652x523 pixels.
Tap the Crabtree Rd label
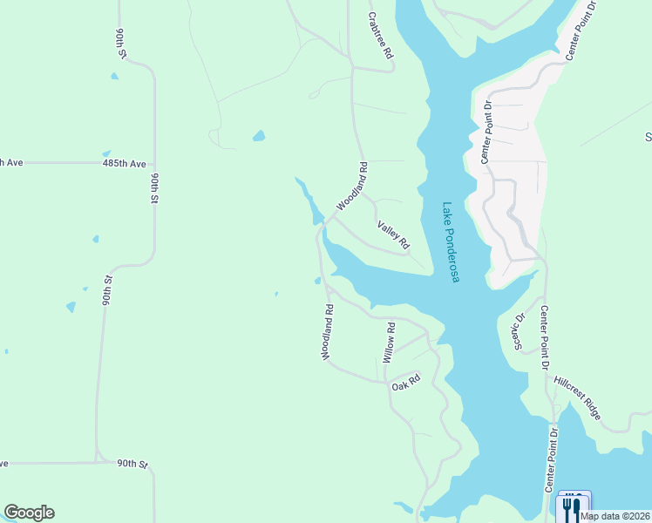pyautogui.click(x=380, y=36)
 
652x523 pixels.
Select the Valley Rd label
pyautogui.click(x=393, y=235)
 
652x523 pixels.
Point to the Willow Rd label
pyautogui.click(x=390, y=343)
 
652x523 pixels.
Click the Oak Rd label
pyautogui.click(x=406, y=382)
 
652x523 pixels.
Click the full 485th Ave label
pyautogui.click(x=123, y=163)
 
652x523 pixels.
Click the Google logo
pyautogui.click(x=29, y=513)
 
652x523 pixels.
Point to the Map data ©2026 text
pyautogui.click(x=615, y=516)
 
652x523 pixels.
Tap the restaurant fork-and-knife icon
pyautogui.click(x=572, y=507)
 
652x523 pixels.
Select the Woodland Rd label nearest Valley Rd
pyautogui.click(x=352, y=186)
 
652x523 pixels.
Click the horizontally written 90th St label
pyautogui.click(x=133, y=464)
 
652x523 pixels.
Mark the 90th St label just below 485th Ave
pyautogui.click(x=154, y=188)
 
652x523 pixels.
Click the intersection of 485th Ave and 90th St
pyautogui.click(x=154, y=163)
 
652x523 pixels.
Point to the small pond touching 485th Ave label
pyautogui.click(x=106, y=153)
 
